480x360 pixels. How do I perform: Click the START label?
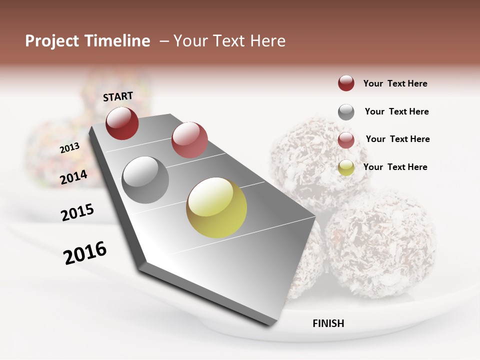coord(118,96)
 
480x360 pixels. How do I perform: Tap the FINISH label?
coord(328,323)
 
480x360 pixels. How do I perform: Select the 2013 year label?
coord(70,147)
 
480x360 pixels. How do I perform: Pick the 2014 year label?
coord(74,177)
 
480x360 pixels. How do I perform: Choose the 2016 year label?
coord(85,253)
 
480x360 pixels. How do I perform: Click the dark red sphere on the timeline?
coord(122,123)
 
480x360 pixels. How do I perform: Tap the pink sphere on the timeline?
coord(189,139)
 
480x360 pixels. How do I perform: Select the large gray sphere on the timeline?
coord(145,180)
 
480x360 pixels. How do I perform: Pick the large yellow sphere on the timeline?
coord(216,207)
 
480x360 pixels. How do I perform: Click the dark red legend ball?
coord(346,83)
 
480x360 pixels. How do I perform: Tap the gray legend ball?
coord(346,112)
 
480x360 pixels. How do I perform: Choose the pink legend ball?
coord(346,140)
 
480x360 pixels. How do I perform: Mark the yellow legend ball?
coord(346,167)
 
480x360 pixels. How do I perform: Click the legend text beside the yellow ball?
coord(395,167)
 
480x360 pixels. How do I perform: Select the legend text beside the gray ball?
coord(397,111)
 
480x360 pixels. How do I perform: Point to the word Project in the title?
coord(52,41)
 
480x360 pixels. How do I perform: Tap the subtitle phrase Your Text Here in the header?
coord(229,41)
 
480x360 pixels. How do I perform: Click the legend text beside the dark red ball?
coord(395,83)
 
